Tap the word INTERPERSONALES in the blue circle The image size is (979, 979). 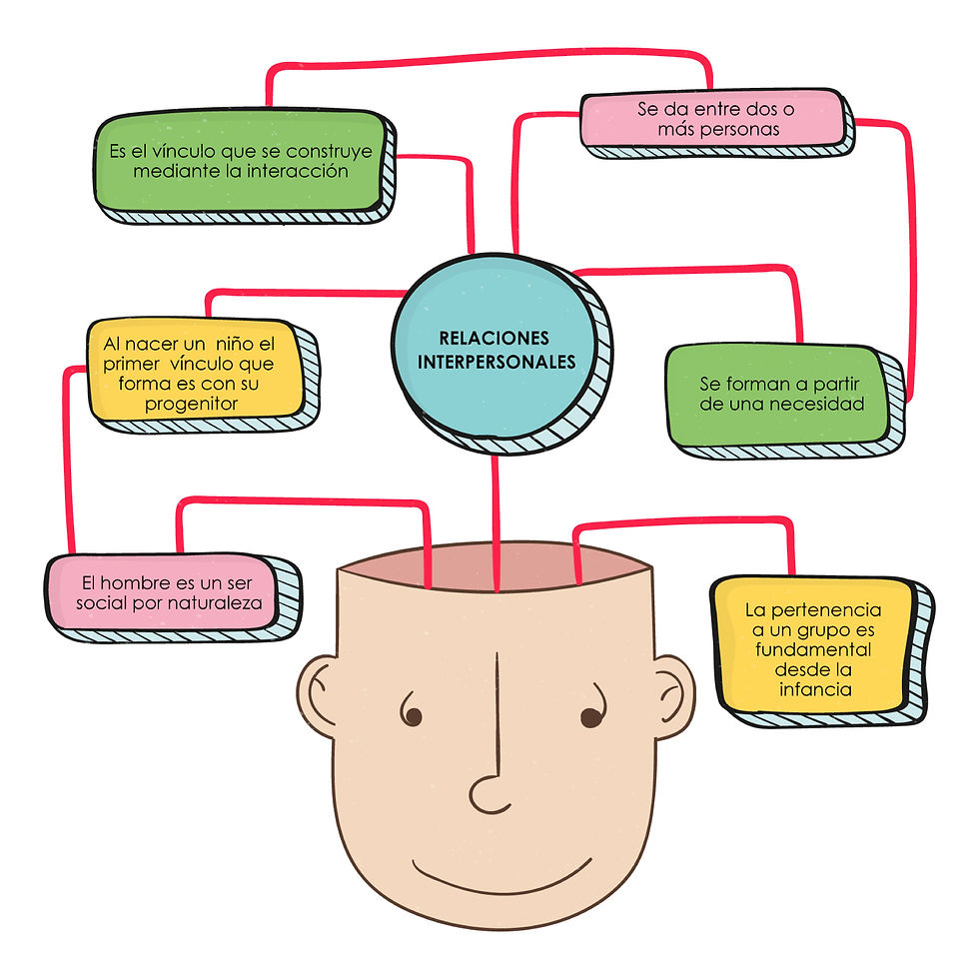(x=496, y=362)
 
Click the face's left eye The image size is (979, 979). (x=411, y=714)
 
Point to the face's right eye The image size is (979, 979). (x=590, y=715)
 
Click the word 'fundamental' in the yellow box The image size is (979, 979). (x=813, y=649)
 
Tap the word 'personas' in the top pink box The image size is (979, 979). (x=734, y=129)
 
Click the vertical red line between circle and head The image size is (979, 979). (x=495, y=519)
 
